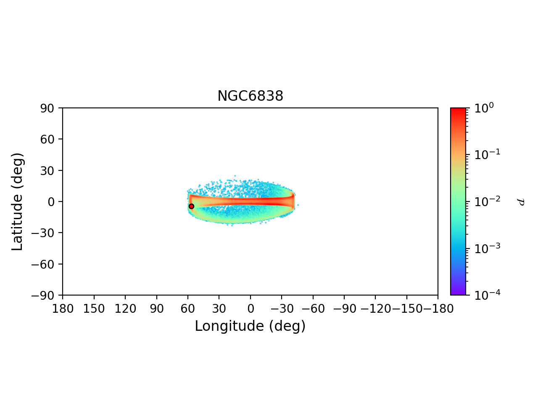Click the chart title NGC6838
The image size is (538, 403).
coord(250,96)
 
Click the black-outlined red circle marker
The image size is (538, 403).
coord(191,206)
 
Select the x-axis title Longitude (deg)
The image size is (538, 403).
coord(250,326)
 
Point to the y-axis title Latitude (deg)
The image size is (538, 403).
coord(17,201)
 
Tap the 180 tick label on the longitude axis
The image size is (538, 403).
coord(63,309)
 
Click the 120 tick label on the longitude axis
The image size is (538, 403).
coord(125,309)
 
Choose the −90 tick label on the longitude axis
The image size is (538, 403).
coord(344,309)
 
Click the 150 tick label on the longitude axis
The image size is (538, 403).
coord(94,309)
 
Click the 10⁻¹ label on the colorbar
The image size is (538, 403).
coord(484,154)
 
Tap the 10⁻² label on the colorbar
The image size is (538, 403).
coord(484,201)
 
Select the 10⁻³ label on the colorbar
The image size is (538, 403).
coord(484,248)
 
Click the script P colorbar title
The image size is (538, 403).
coord(521,202)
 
